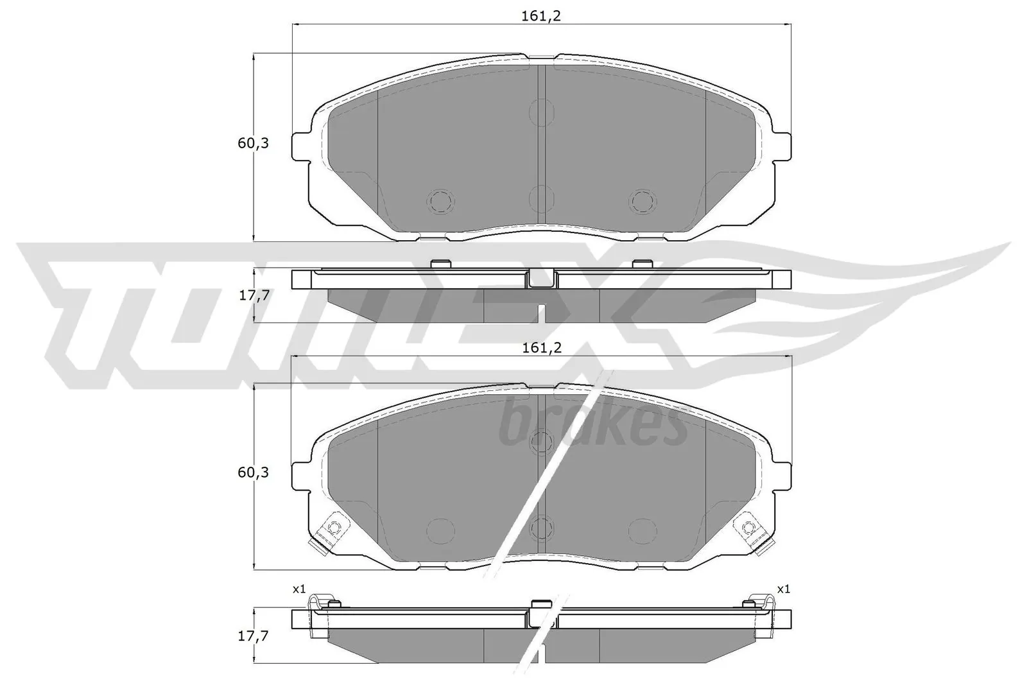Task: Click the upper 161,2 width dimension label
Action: [x=542, y=16]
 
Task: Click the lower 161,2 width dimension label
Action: [x=542, y=347]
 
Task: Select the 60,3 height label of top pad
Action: [x=253, y=144]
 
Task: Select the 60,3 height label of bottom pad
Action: [x=253, y=473]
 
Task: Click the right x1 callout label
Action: [x=783, y=589]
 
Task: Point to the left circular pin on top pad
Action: [x=441, y=202]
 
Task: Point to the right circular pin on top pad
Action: [x=642, y=202]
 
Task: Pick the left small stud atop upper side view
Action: [x=440, y=264]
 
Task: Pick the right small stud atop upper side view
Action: [x=641, y=264]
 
